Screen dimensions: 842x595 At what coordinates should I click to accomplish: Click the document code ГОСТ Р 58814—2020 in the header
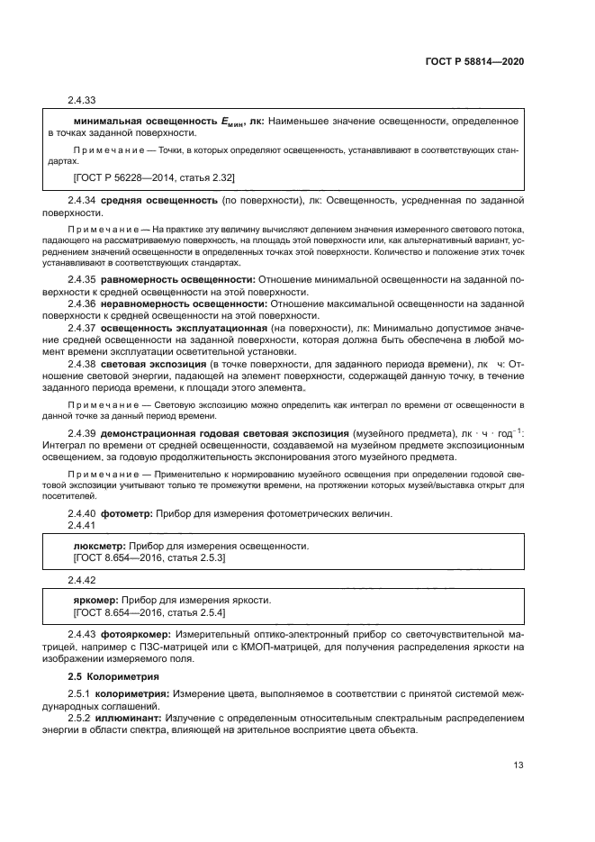(x=475, y=62)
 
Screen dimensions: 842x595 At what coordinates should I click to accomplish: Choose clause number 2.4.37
(x=82, y=328)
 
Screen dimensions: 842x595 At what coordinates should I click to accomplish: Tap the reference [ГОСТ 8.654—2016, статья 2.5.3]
(x=149, y=558)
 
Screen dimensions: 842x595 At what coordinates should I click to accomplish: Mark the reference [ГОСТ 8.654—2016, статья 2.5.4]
(x=149, y=612)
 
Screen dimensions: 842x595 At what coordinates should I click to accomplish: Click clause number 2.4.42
(x=82, y=580)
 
